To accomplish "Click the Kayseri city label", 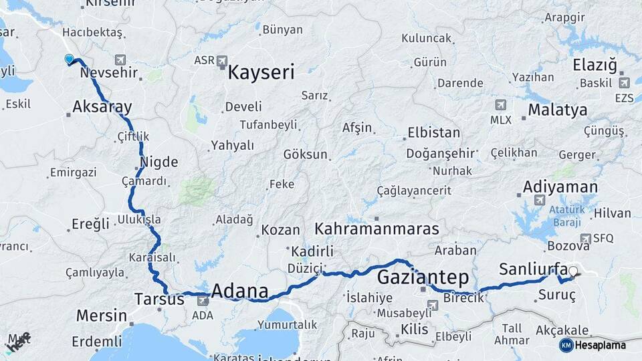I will (261, 72).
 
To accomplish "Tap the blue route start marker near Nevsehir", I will (69, 59).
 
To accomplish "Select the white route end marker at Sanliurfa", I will (573, 271).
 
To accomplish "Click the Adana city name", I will (239, 292).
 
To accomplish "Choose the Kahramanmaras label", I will (377, 229).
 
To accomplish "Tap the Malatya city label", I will (557, 110).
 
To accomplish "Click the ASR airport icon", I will (222, 61).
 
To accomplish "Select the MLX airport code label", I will (500, 120).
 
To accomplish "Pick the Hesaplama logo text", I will (601, 345).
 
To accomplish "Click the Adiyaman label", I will (560, 186).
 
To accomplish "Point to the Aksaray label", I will (102, 107).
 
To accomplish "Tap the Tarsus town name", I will (159, 299).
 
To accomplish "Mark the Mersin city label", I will (101, 316).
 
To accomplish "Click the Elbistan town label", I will (433, 132).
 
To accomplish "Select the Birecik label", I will (463, 298).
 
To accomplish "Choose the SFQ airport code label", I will (603, 238).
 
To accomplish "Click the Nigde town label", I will (159, 162).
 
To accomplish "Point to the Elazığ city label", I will (595, 66).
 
